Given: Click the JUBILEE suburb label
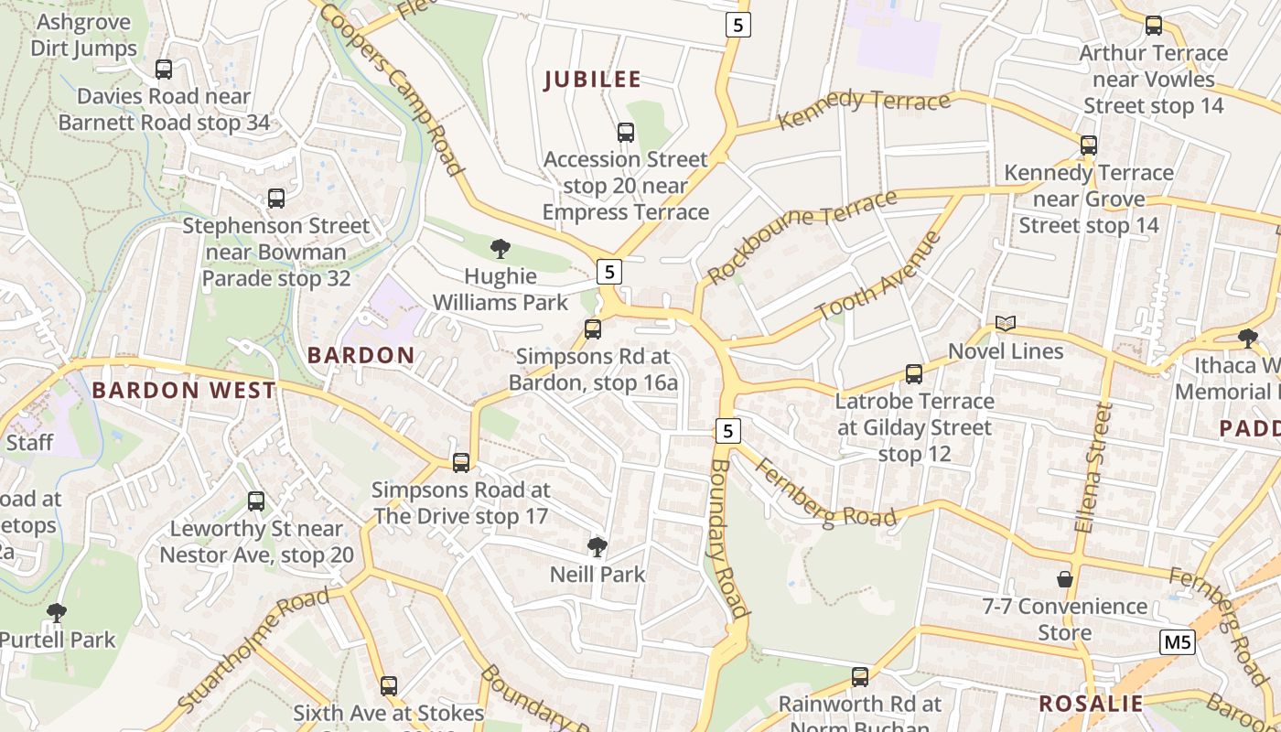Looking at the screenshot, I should [x=592, y=80].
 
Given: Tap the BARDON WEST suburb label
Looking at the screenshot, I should [x=183, y=391].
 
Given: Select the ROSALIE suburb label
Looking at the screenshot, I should [x=1091, y=704].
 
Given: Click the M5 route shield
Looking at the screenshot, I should [x=1177, y=642].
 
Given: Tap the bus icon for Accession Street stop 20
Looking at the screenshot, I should [x=626, y=133].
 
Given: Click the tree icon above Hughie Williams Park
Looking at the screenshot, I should [x=500, y=248].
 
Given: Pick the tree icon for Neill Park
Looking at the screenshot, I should [x=597, y=547].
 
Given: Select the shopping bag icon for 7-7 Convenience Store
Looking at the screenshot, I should [x=1065, y=579].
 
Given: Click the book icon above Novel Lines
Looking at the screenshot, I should [x=1006, y=324].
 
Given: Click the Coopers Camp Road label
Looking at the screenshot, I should [x=392, y=89].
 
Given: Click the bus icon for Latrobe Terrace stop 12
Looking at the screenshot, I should [x=913, y=373].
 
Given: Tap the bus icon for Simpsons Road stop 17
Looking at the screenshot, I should [x=461, y=463].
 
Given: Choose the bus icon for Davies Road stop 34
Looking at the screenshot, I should [x=164, y=69].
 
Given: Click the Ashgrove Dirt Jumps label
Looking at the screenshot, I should [x=83, y=35].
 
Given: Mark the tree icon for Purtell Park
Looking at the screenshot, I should [x=57, y=612].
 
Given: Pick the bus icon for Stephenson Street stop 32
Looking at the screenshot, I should [x=275, y=198].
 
